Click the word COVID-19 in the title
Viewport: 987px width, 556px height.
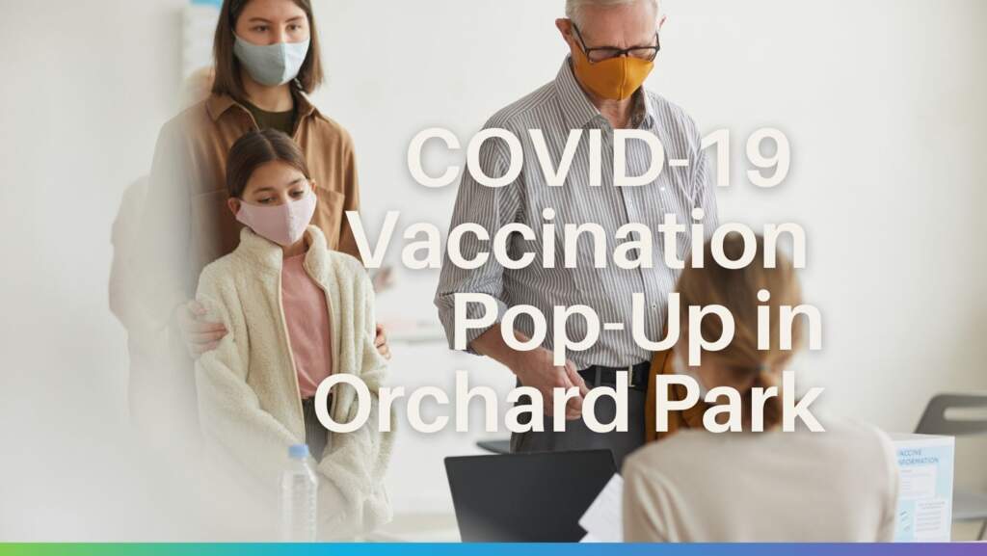pos(599,159)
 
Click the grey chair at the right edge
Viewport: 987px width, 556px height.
pos(954,424)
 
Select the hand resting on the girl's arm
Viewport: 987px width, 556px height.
pos(204,327)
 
